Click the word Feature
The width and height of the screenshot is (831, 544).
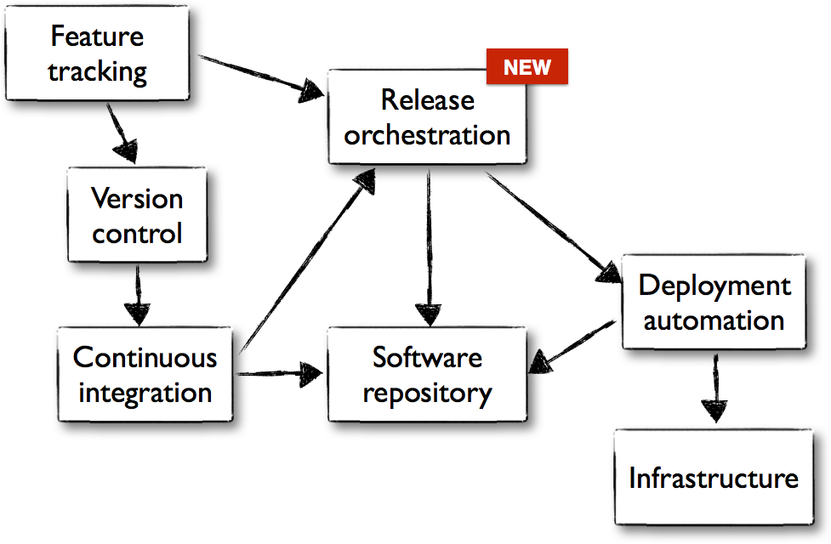tap(97, 37)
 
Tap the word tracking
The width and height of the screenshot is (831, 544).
tap(97, 72)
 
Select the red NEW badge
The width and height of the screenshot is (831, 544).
tap(526, 67)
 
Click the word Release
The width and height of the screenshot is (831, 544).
tap(427, 99)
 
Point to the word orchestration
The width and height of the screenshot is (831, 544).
tap(427, 134)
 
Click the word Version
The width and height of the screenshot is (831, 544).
tap(137, 198)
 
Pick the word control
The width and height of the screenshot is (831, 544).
tap(137, 233)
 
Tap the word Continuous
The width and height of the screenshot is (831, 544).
tap(145, 357)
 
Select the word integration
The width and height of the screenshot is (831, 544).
tap(145, 393)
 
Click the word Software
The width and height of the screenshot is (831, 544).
tap(427, 357)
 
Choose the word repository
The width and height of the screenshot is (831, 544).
tap(427, 393)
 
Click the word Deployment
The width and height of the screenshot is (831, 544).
tap(714, 286)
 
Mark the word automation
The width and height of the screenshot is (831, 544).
tap(714, 320)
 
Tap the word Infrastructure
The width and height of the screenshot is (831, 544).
tap(713, 478)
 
